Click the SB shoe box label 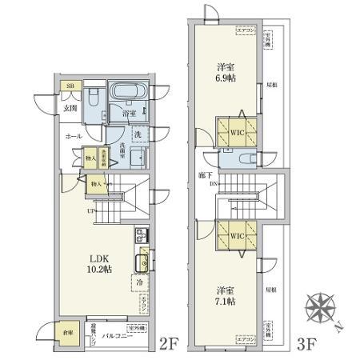70,86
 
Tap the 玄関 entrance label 70,108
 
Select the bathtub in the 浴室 126,92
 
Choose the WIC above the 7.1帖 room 235,237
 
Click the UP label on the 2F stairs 93,212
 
